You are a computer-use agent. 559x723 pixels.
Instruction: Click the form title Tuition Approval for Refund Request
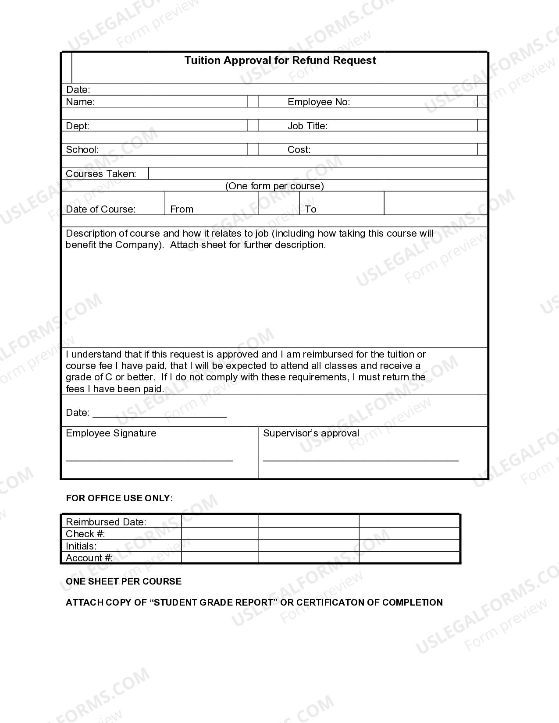(x=280, y=60)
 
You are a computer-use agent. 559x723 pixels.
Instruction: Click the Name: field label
(x=80, y=102)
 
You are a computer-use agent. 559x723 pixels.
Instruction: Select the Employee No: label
(x=319, y=102)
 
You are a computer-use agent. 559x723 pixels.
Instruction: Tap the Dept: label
(x=77, y=126)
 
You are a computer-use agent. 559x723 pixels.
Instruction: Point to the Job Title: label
(x=307, y=126)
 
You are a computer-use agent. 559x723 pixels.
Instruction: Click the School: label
(x=82, y=150)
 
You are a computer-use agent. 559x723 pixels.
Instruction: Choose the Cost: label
(x=299, y=150)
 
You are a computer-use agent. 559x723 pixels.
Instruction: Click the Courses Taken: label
(x=101, y=174)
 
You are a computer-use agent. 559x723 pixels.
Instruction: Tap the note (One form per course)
(x=274, y=186)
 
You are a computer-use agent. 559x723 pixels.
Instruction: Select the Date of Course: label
(x=100, y=209)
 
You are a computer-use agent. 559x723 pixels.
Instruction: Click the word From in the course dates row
(x=182, y=209)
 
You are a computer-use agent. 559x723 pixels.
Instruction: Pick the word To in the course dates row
(x=310, y=209)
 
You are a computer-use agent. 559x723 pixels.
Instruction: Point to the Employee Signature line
(x=149, y=460)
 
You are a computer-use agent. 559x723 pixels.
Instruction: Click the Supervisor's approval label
(x=311, y=433)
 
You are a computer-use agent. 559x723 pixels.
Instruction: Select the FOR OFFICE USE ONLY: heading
(x=119, y=498)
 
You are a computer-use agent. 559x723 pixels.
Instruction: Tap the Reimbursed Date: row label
(x=106, y=522)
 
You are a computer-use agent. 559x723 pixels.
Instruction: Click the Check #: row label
(x=85, y=534)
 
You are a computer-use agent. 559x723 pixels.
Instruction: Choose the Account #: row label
(x=89, y=558)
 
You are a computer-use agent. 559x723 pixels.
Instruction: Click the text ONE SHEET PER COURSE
(x=123, y=581)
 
